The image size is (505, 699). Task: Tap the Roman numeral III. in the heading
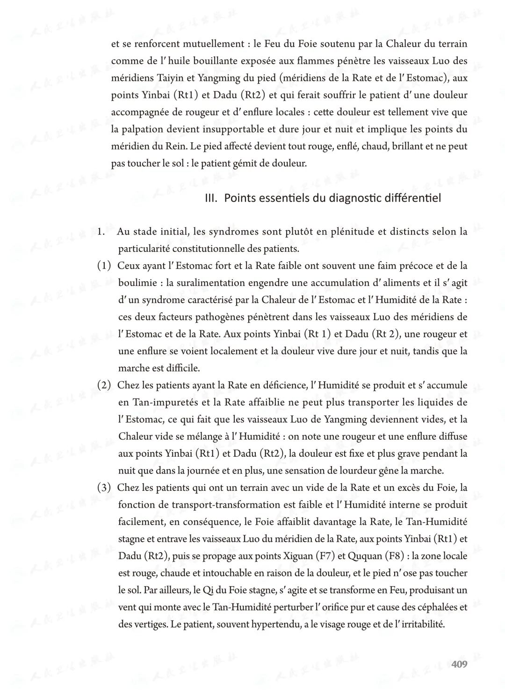(211, 198)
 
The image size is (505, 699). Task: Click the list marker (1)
(104, 266)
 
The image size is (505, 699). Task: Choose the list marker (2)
(104, 385)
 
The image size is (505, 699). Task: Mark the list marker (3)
(104, 488)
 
